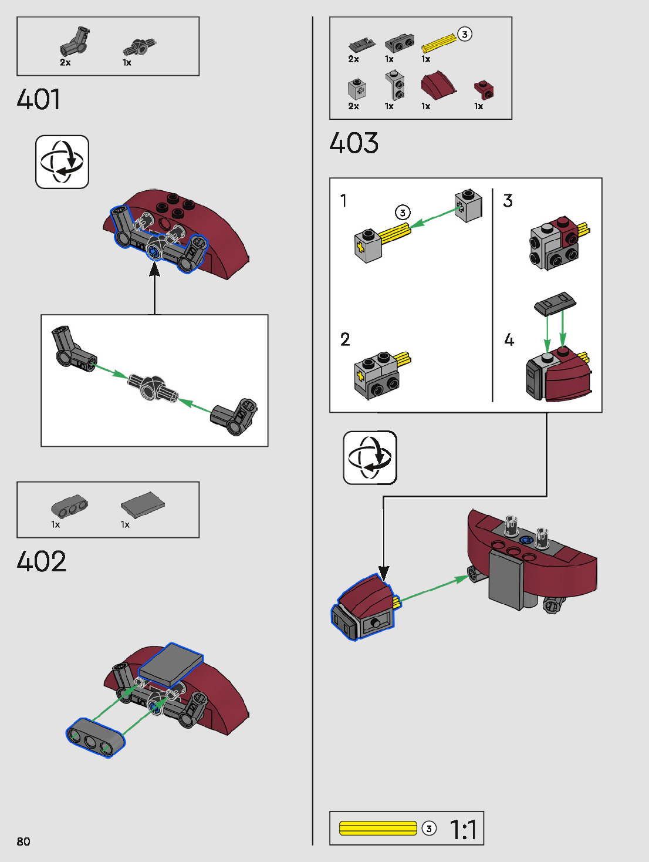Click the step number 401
pos(39,99)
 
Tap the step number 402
pos(41,561)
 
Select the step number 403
pos(354,143)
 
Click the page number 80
pos(23,841)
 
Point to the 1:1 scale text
pos(463,830)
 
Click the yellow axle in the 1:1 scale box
pos(378,828)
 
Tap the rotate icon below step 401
pos(62,161)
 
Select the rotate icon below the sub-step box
pos(370,457)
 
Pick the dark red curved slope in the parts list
pos(437,86)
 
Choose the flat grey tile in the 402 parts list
pos(143,504)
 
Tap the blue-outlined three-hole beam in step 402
pos(95,737)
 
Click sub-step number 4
pos(509,339)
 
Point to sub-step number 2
pos(345,339)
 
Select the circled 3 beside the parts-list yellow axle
pos(465,34)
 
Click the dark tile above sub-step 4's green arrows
pos(555,303)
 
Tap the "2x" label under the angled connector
pos(65,62)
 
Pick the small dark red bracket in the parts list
pos(484,89)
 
